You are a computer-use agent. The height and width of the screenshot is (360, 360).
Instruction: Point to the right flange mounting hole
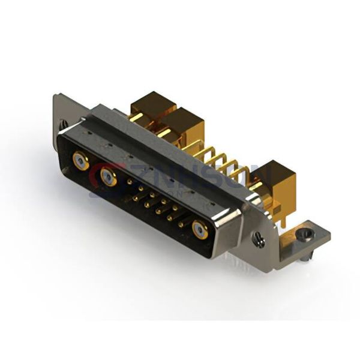[x=259, y=241]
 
